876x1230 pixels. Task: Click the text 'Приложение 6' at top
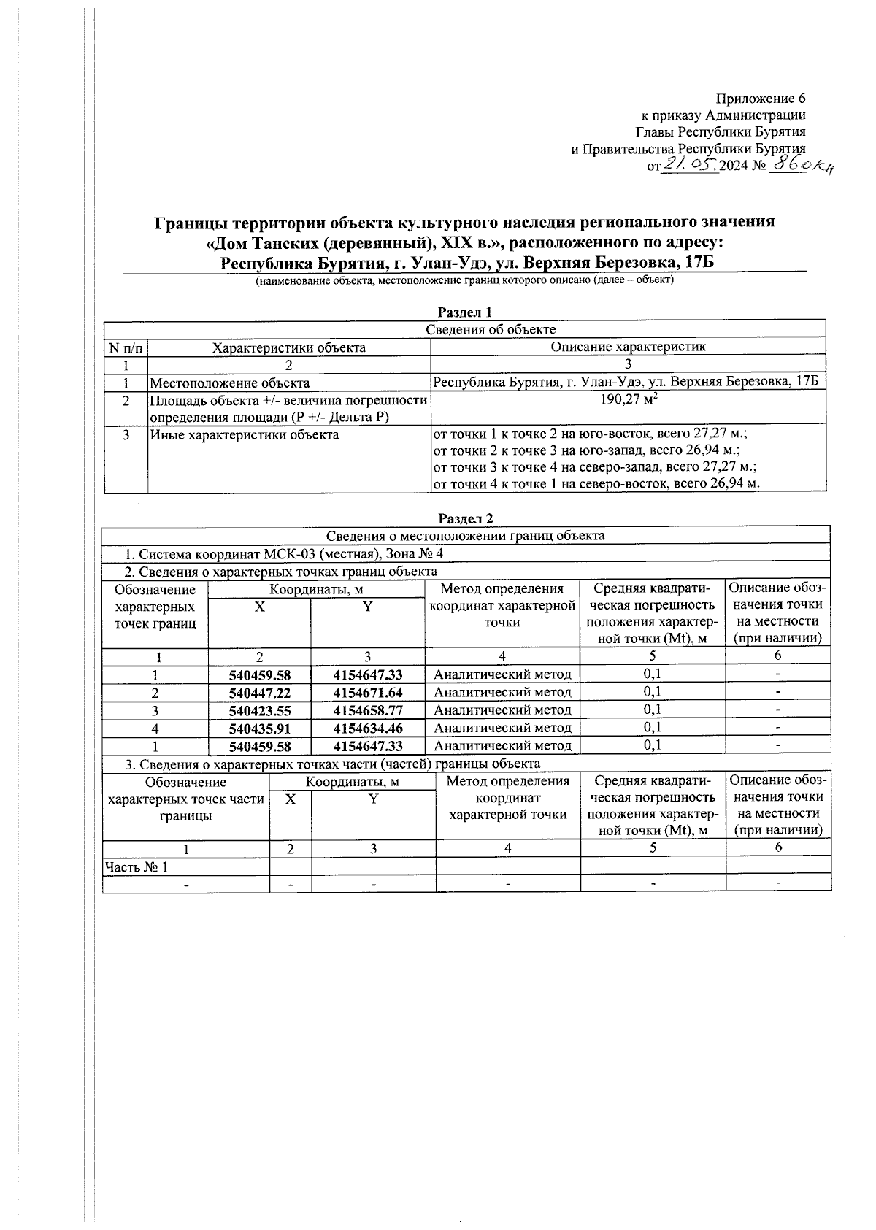[x=760, y=99]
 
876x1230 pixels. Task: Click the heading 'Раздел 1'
[x=465, y=312]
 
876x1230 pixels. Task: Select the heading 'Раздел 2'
[x=465, y=518]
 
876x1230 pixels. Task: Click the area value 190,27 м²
[x=628, y=400]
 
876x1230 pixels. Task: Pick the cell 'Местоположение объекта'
[x=230, y=383]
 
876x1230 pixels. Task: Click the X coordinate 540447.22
[x=260, y=692]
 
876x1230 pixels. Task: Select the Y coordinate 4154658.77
[x=368, y=710]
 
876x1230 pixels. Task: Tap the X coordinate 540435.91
[x=260, y=728]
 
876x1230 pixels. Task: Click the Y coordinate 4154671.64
[x=368, y=692]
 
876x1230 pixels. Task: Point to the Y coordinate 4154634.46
[x=368, y=728]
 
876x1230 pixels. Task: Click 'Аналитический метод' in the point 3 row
[x=502, y=710]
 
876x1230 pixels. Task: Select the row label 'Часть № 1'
[x=137, y=867]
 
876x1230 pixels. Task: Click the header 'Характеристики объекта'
[x=288, y=347]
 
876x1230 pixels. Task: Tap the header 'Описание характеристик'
[x=628, y=347]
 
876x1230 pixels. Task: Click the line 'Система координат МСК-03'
[x=285, y=554]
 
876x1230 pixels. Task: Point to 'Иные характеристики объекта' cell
[x=245, y=435]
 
